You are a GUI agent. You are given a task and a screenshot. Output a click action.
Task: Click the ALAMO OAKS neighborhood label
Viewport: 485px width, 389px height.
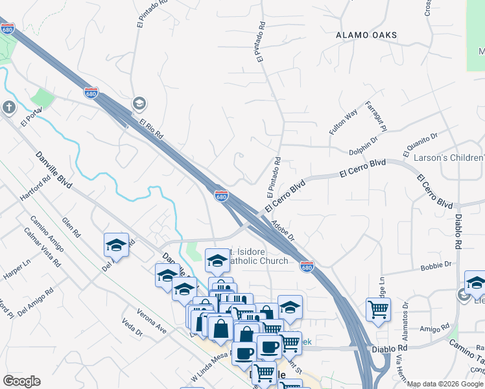click(366, 34)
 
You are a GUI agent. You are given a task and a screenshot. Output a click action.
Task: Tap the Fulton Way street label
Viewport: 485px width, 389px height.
click(343, 122)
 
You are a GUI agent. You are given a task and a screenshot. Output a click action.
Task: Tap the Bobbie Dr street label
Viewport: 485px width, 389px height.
click(435, 265)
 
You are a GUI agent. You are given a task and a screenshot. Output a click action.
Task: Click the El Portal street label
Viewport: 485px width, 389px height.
click(30, 118)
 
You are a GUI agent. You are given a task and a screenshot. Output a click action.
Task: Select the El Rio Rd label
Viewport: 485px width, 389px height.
click(150, 127)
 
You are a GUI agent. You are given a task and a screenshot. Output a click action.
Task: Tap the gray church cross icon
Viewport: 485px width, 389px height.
click(8, 107)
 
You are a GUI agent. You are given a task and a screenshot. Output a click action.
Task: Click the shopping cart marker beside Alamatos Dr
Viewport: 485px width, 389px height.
click(378, 309)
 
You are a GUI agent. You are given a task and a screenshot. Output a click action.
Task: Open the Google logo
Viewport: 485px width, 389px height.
click(21, 381)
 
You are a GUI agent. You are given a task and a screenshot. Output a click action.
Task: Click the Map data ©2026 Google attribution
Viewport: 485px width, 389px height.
click(445, 384)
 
